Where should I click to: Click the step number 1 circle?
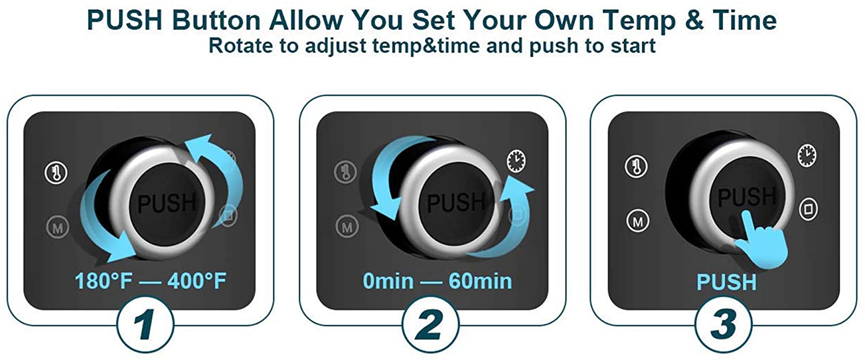click(145, 324)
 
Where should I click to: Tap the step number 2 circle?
click(431, 324)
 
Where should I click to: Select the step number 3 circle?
click(723, 324)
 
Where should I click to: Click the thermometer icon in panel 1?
click(57, 172)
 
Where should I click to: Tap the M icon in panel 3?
click(638, 221)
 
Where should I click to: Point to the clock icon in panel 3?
click(807, 155)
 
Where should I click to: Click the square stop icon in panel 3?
click(808, 209)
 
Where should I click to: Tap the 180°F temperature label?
click(103, 281)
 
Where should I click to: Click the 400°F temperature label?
click(197, 281)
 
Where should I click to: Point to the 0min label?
click(388, 281)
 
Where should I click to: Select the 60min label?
click(480, 281)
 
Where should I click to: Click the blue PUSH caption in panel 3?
click(727, 282)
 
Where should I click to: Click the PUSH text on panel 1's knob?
click(167, 202)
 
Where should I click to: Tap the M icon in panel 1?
click(58, 227)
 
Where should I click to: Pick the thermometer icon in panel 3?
click(637, 167)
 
